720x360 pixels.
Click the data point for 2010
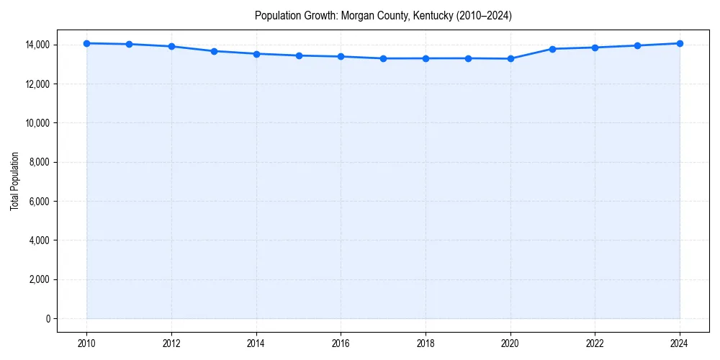(x=86, y=43)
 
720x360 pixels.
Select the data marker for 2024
(x=680, y=43)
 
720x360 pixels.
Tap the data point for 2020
(x=510, y=58)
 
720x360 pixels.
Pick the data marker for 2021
(x=552, y=49)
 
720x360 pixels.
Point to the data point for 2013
(x=214, y=51)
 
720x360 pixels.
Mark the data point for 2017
(x=383, y=58)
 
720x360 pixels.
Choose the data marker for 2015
(x=299, y=55)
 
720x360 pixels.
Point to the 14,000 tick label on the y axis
(x=36, y=45)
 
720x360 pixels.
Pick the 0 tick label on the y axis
(x=48, y=318)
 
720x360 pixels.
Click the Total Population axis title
(x=14, y=181)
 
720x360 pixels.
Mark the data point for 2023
(x=637, y=45)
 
